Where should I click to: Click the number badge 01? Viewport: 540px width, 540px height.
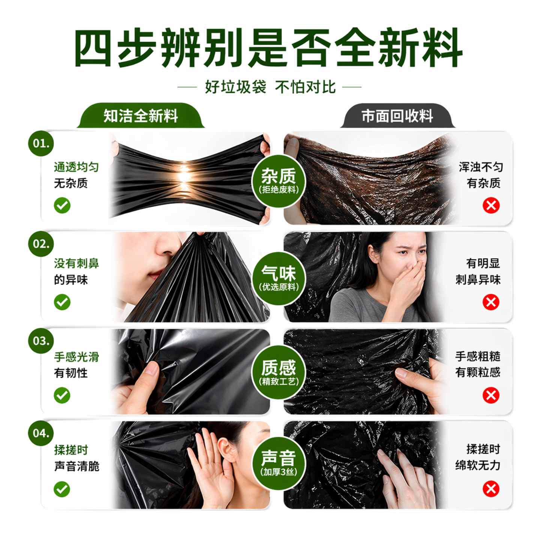tap(41, 144)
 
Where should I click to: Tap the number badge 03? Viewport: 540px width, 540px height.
tap(41, 341)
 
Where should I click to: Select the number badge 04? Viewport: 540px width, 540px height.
tap(41, 433)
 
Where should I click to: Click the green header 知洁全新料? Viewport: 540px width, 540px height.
tap(141, 116)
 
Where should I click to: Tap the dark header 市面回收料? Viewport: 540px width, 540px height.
tap(397, 116)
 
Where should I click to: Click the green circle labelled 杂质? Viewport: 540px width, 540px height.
tap(279, 181)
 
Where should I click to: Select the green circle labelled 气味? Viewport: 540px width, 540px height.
tap(279, 278)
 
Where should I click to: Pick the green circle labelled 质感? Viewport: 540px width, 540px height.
tap(279, 372)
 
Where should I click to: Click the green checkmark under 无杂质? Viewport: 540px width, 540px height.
tap(62, 205)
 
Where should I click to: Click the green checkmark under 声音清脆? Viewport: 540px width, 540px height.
tap(62, 489)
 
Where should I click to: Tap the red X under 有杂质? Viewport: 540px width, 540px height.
tap(491, 206)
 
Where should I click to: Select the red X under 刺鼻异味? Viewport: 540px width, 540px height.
tap(491, 302)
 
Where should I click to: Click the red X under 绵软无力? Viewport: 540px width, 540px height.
tap(491, 489)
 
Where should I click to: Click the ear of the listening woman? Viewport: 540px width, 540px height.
tap(226, 450)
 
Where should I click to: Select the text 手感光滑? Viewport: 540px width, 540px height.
tap(76, 357)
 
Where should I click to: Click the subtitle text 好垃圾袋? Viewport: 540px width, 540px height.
tap(235, 87)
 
